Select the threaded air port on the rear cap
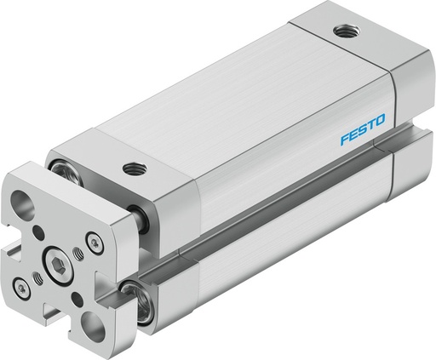(344, 31)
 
